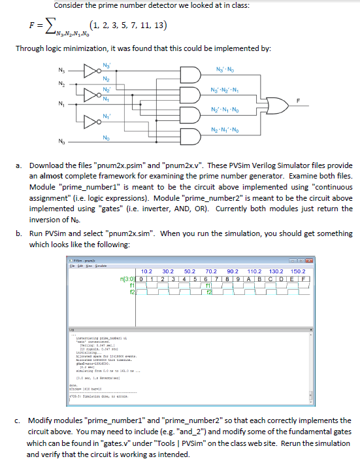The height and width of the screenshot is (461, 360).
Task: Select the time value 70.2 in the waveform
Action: pos(211,270)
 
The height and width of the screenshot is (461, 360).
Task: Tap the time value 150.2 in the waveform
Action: pos(297,270)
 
